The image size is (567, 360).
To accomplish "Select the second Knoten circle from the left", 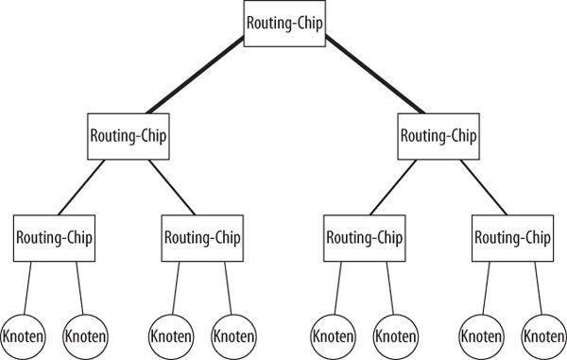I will pyautogui.click(x=85, y=334).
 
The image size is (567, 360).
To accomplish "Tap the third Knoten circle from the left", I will pyautogui.click(x=172, y=334).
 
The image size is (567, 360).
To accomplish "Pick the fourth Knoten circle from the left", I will pyautogui.click(x=233, y=334).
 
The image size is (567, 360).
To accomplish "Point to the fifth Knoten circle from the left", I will pyautogui.click(x=334, y=334).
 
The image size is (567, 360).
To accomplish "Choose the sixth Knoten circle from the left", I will pyautogui.click(x=395, y=334).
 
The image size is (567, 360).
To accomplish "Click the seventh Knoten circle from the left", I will pyautogui.click(x=482, y=334).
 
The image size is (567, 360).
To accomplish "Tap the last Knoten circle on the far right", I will pyautogui.click(x=543, y=334).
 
